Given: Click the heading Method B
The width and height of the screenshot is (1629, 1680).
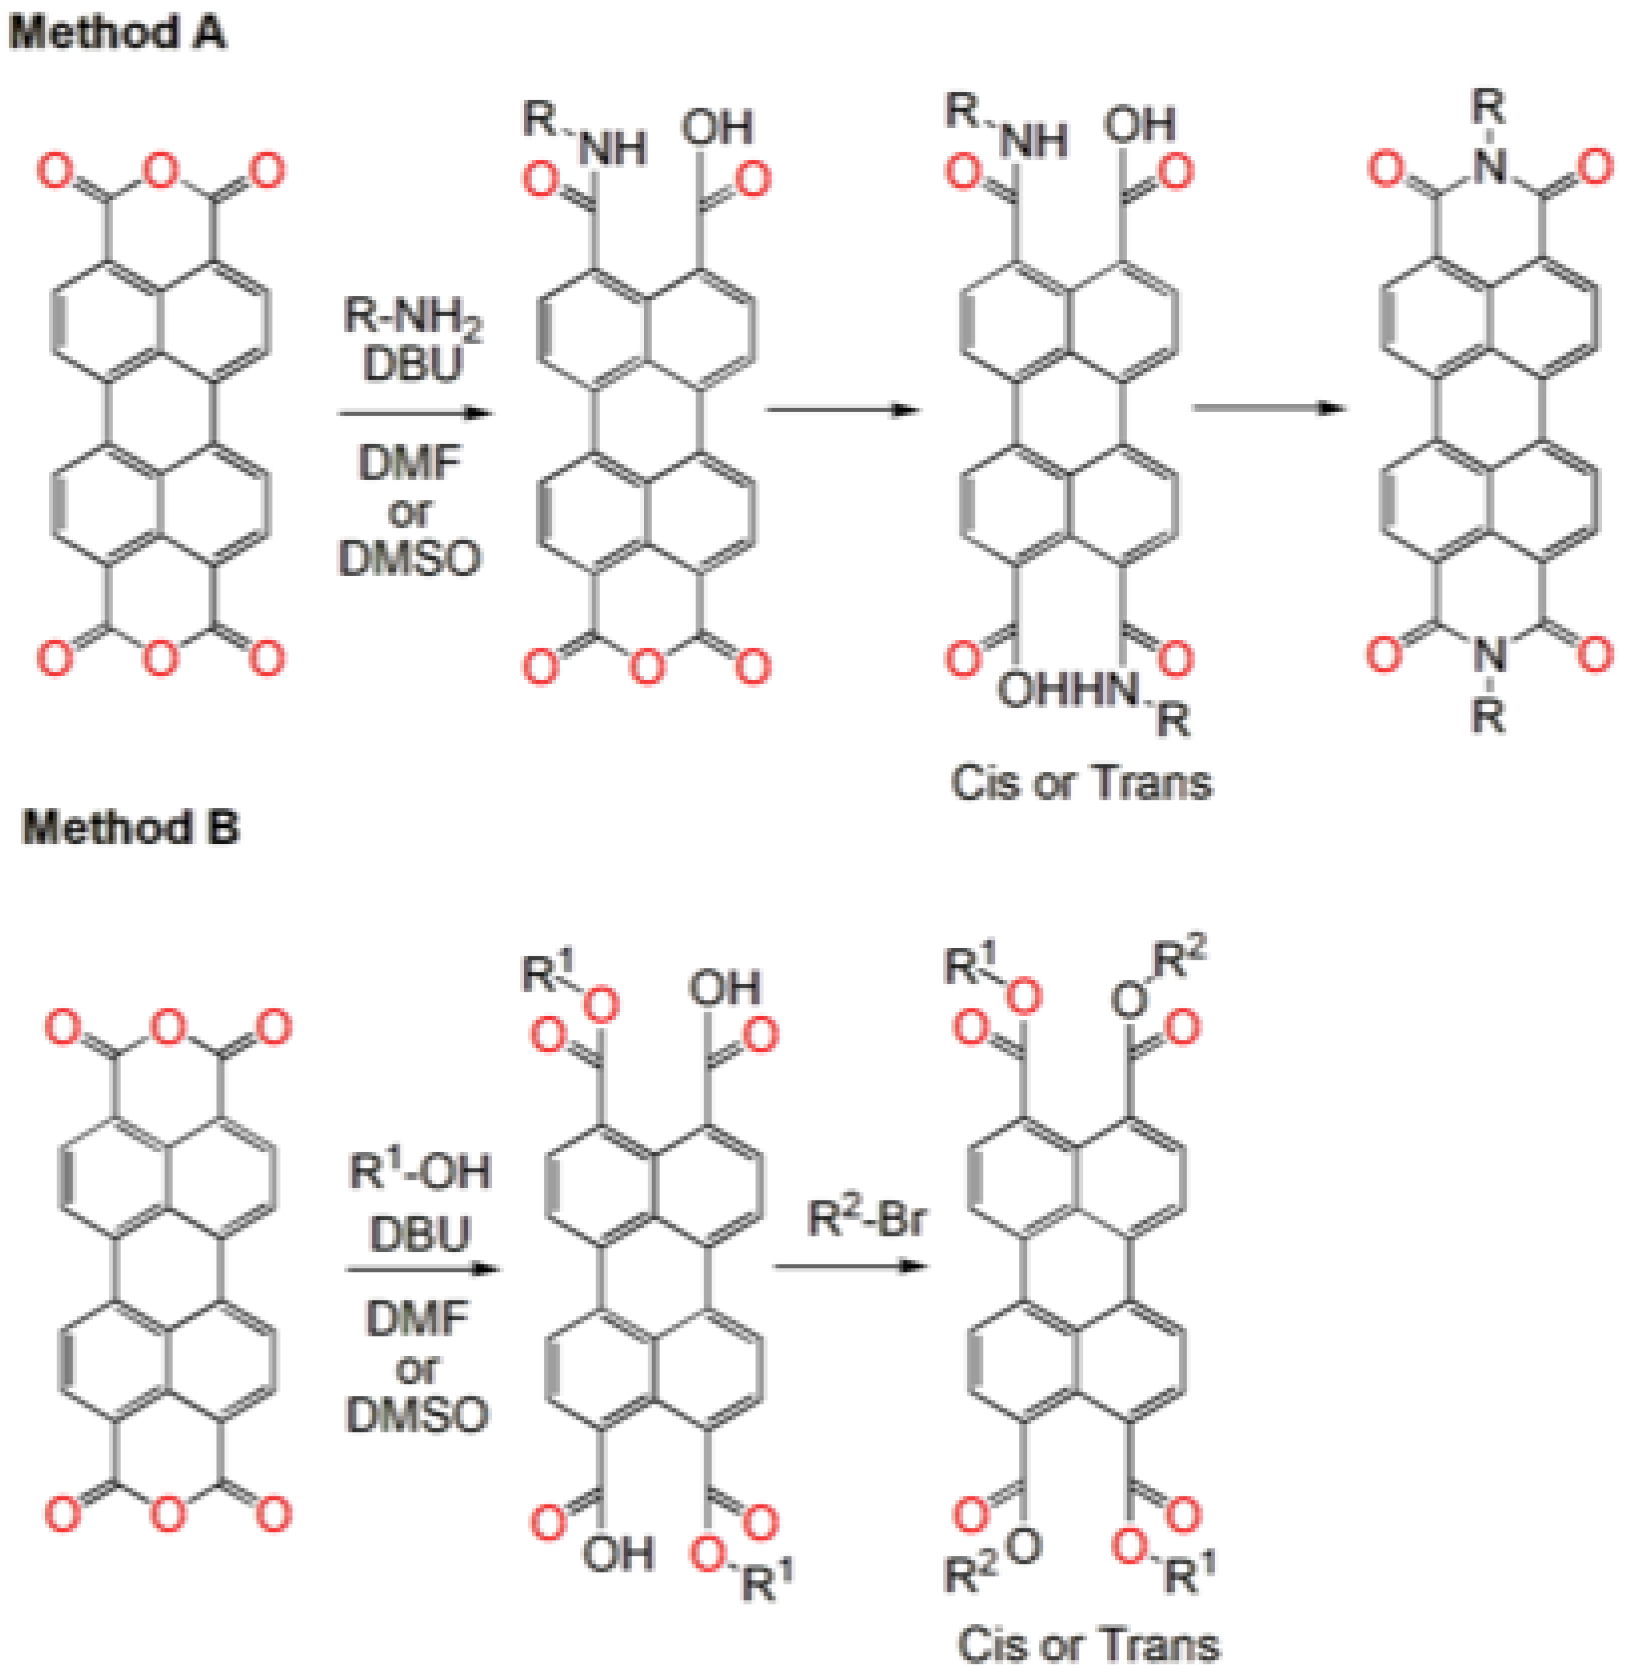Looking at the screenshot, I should (130, 827).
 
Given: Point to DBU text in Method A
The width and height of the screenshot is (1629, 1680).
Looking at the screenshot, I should (412, 364).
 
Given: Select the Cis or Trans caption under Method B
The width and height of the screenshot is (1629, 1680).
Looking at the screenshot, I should (1087, 1644).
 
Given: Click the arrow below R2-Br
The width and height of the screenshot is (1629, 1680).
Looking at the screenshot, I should (849, 1266).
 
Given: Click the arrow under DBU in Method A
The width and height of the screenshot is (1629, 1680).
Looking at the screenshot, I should (415, 413).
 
